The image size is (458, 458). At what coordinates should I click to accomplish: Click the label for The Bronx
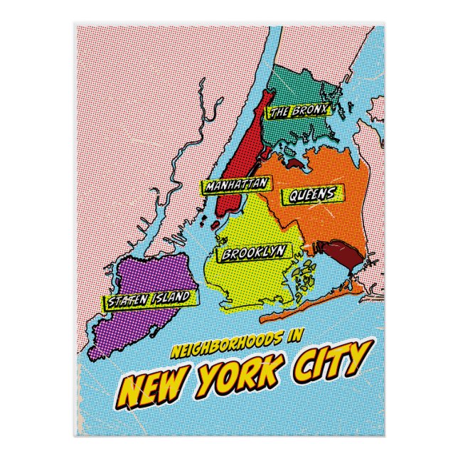click(x=298, y=111)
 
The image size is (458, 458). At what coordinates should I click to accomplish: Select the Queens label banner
click(x=312, y=194)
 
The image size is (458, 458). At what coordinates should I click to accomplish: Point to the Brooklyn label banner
click(x=254, y=252)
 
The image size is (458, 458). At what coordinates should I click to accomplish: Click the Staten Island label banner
click(x=149, y=299)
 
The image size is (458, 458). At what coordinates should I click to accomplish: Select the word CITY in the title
click(x=330, y=361)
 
